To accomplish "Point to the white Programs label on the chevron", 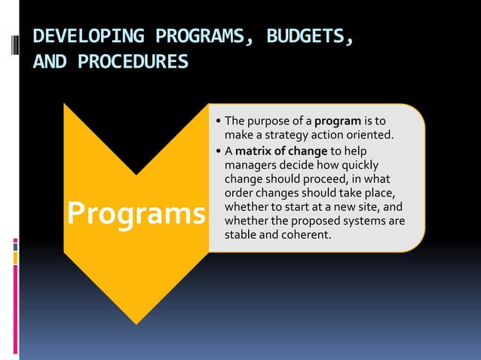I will click(x=136, y=213).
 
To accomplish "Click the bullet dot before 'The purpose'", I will click(x=218, y=121).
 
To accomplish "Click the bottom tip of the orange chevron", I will click(x=136, y=323).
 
